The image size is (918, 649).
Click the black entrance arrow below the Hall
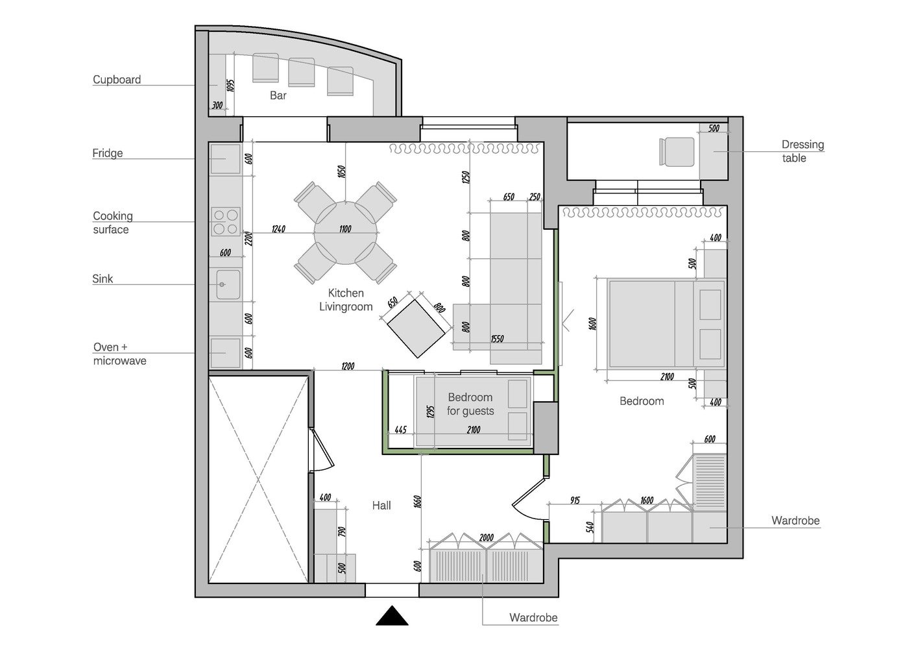(x=392, y=616)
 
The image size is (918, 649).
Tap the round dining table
(x=346, y=232)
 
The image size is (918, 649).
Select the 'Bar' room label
(x=278, y=95)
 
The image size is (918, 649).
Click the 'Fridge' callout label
(x=108, y=153)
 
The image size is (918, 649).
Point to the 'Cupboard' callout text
(x=117, y=80)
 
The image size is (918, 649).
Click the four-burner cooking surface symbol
(x=225, y=221)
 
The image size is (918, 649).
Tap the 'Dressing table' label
(x=803, y=151)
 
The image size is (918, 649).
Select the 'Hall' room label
(x=381, y=506)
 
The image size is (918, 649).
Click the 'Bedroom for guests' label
(x=470, y=404)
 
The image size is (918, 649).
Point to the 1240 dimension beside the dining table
(x=279, y=228)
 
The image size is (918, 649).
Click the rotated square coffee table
(x=416, y=328)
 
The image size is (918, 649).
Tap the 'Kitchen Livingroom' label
(x=346, y=300)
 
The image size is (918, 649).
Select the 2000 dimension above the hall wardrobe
(x=487, y=537)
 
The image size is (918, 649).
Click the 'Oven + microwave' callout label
(x=119, y=354)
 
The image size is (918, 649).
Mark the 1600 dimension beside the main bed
(x=592, y=323)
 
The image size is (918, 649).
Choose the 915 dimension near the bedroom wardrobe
(x=575, y=500)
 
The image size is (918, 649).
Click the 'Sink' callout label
(x=103, y=279)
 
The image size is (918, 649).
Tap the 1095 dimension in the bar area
(x=230, y=86)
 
